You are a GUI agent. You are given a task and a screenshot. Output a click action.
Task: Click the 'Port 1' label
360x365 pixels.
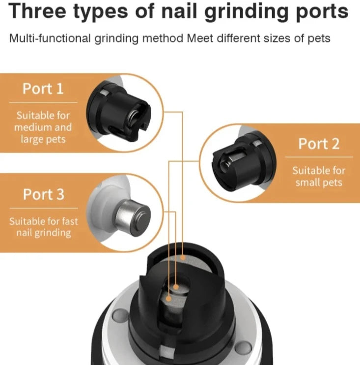coord(43,89)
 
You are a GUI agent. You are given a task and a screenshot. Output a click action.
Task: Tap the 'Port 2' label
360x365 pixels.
coord(319,144)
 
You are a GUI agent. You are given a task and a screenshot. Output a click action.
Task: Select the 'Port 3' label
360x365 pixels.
coord(43,194)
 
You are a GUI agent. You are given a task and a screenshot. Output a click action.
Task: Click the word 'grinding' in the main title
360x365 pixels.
coord(247,12)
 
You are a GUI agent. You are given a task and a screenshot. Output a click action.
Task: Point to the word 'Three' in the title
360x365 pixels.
coord(37,11)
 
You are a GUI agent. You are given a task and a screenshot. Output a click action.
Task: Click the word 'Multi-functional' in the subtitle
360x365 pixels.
coord(50,38)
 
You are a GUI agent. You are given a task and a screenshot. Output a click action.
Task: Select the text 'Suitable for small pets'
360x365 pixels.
coord(319,177)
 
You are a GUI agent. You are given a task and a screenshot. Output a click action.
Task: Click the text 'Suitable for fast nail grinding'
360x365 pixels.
coord(44,227)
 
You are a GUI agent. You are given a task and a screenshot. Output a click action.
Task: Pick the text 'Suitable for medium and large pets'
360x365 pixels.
coord(43,127)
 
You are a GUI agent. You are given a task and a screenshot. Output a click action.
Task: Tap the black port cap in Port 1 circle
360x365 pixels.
coord(118,111)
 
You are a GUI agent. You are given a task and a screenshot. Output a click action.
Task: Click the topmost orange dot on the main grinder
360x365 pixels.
coord(183,257)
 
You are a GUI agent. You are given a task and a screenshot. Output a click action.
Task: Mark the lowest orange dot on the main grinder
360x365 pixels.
coord(169,298)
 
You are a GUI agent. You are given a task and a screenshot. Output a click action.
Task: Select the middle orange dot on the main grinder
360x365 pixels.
coord(176,287)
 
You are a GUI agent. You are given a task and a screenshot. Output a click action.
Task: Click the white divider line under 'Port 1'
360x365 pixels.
coord(43,102)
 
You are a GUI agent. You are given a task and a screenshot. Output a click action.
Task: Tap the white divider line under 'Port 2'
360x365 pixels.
coord(319,157)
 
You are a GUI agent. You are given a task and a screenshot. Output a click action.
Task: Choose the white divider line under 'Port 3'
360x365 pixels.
coord(44,208)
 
